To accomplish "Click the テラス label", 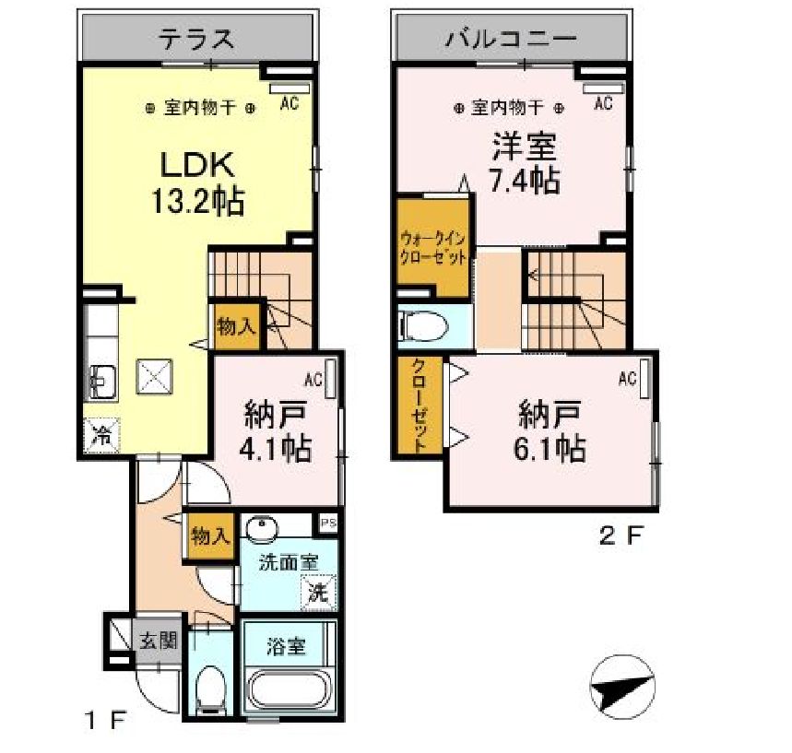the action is (x=196, y=39).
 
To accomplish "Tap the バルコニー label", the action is (x=510, y=39).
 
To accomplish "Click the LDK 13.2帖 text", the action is (x=197, y=182).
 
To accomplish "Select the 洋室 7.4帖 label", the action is (x=525, y=162).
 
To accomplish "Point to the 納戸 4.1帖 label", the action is (x=275, y=430).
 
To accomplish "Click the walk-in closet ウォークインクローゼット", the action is (x=433, y=247).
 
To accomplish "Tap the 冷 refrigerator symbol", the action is (x=101, y=435).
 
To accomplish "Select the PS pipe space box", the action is (x=328, y=524).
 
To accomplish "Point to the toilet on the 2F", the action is (x=421, y=326).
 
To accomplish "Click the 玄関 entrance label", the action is (x=159, y=641).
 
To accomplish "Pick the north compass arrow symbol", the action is (x=621, y=687).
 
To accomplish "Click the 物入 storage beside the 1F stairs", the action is (x=236, y=325).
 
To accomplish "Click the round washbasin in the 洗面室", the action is (x=262, y=528).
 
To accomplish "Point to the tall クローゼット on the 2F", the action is (x=420, y=405).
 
